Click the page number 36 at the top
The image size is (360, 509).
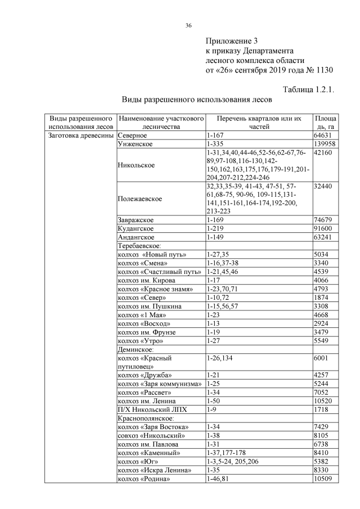[189, 25]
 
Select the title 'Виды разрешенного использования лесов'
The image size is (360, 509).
[197, 100]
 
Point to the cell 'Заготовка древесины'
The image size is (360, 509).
[81, 136]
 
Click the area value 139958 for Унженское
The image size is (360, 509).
[326, 145]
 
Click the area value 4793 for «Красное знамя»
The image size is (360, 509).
[322, 289]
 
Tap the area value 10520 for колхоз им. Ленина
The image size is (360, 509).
[325, 401]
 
